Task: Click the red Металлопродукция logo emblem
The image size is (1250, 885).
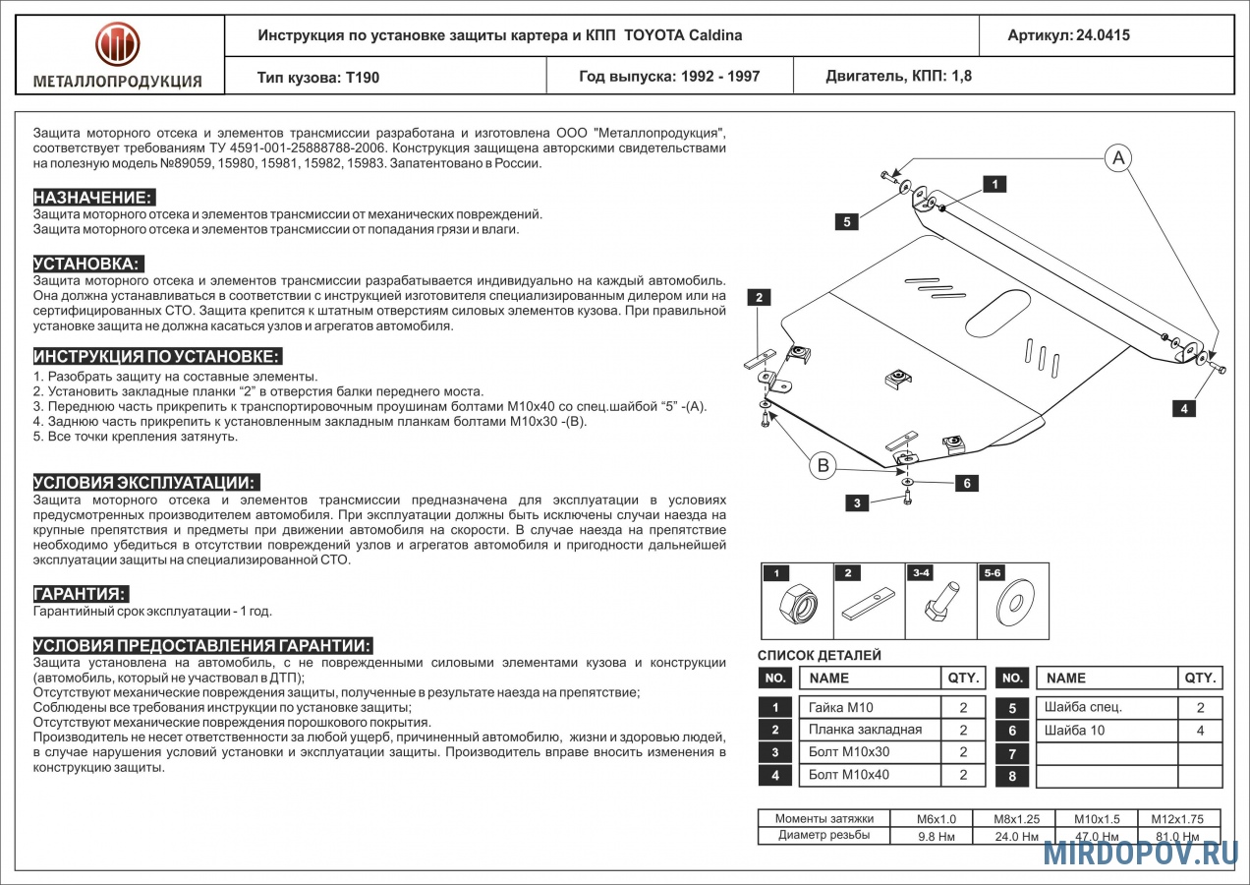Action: coord(118,44)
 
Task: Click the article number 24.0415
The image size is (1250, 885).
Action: coord(1103,35)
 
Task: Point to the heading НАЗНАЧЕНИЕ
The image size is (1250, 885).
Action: coord(94,197)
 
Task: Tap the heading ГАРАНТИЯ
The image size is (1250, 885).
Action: coord(81,594)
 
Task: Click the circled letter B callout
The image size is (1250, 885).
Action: coord(824,465)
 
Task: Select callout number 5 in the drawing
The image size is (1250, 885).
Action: coord(846,222)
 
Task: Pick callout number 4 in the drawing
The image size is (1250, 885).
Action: coord(1185,409)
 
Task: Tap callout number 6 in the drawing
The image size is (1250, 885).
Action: coord(967,483)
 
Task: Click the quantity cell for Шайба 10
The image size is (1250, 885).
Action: coord(1200,731)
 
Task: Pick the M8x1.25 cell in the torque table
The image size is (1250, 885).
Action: coord(1016,819)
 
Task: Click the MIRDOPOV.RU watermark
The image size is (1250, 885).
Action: coord(1140,853)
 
